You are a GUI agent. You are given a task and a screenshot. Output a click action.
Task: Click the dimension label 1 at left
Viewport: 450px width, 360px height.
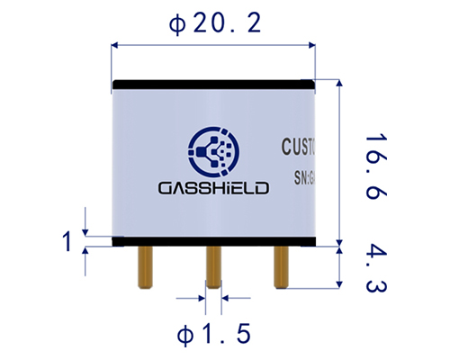pyautogui.click(x=67, y=240)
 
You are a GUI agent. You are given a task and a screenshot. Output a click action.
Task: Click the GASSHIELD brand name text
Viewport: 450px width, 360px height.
pyautogui.click(x=212, y=188)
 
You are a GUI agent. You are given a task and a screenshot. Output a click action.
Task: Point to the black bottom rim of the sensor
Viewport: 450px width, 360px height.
pyautogui.click(x=213, y=241)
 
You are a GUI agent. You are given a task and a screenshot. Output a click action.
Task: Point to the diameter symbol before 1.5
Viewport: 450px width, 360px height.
pyautogui.click(x=183, y=335)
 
